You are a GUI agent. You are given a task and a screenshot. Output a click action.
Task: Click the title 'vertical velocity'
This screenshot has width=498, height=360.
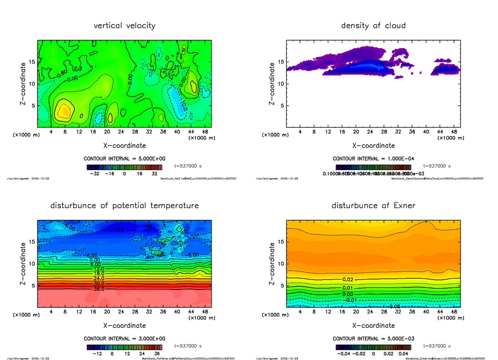click(124, 26)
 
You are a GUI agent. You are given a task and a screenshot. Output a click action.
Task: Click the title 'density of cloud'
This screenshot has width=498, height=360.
click(373, 26)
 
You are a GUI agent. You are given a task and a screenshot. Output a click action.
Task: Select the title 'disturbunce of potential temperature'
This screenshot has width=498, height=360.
click(124, 206)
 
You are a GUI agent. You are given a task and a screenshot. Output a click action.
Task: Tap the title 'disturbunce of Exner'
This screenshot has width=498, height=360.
click(373, 206)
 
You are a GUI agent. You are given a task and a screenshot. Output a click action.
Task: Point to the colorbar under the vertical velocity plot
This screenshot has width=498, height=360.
click(124, 167)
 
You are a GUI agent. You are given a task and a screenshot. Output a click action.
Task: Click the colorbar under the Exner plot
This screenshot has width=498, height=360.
click(373, 347)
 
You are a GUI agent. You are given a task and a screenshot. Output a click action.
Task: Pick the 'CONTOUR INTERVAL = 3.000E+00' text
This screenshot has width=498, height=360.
click(124, 338)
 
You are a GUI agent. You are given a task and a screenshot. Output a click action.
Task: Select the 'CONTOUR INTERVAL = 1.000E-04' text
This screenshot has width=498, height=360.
click(373, 159)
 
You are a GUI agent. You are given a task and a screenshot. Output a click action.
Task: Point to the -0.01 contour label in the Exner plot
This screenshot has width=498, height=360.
click(351, 300)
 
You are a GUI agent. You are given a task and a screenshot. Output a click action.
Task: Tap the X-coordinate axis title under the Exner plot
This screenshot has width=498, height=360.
click(373, 326)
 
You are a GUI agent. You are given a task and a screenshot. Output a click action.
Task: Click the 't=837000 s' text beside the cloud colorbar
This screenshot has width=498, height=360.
click(437, 166)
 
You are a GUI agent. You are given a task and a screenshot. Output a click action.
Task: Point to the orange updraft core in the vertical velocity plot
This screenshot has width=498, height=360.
click(64, 111)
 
